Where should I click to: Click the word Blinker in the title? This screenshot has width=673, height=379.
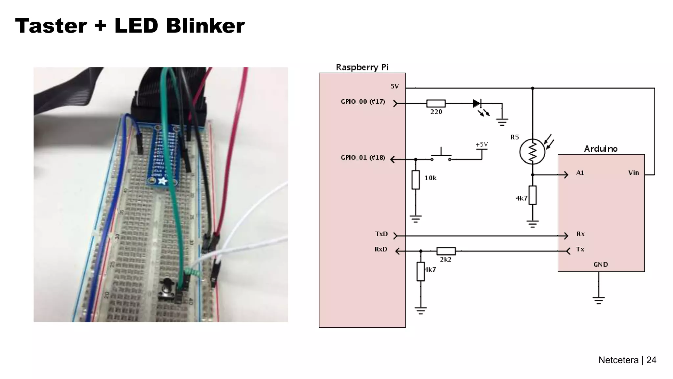[205, 26]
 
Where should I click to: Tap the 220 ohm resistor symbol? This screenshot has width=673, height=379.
[436, 103]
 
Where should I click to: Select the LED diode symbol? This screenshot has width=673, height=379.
[476, 103]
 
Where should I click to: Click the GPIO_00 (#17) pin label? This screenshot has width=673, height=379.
[362, 102]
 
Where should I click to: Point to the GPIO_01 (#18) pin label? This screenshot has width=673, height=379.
[362, 158]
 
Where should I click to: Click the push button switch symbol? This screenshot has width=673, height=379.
[441, 156]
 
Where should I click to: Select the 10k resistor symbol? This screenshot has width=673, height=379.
[415, 180]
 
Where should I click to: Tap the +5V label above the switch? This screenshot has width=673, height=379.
[481, 144]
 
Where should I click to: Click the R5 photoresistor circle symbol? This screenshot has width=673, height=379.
[532, 152]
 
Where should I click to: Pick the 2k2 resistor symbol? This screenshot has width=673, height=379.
[446, 251]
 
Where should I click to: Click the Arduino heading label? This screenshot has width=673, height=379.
[600, 149]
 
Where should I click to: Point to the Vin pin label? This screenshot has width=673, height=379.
[633, 173]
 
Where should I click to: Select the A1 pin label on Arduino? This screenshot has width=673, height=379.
[580, 173]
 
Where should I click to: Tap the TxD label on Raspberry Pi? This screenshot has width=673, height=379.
[381, 234]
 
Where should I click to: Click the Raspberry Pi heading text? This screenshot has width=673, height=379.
[362, 67]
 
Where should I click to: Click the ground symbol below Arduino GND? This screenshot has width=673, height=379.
[598, 300]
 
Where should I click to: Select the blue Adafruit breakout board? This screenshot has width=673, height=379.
[163, 155]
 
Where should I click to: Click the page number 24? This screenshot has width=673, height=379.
[651, 360]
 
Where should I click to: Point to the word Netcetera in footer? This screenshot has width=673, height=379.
[618, 360]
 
